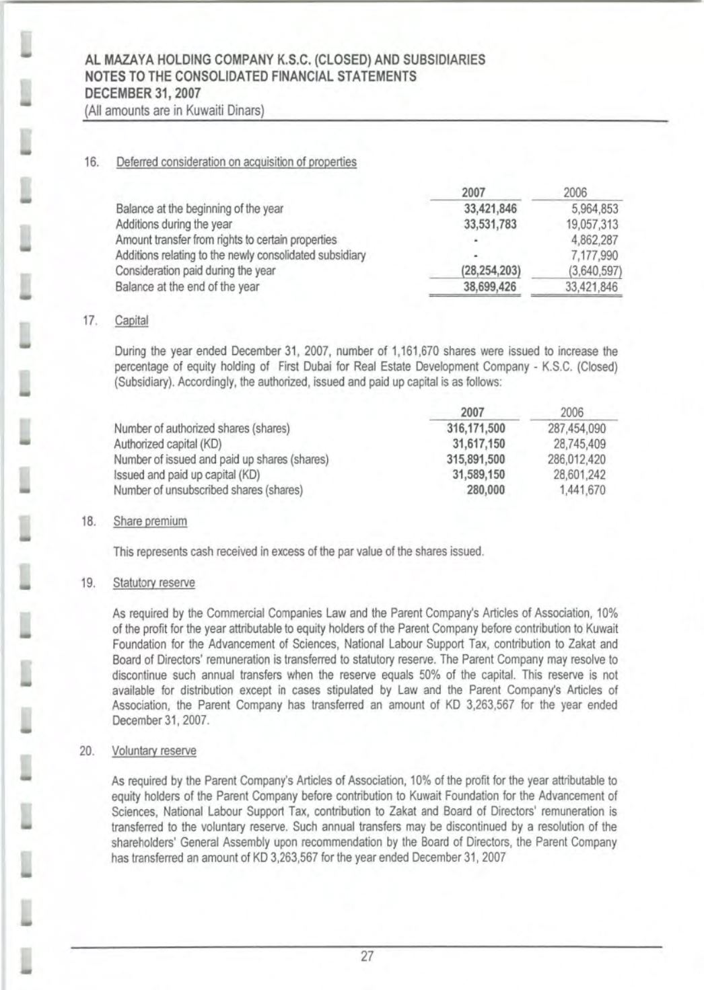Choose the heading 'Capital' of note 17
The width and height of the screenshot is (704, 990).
coord(131,321)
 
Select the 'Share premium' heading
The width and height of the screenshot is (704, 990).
coord(150,521)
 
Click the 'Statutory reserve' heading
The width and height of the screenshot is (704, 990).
coord(154,582)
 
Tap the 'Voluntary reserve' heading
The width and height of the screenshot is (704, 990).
coord(154,751)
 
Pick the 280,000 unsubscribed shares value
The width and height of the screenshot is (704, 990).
coord(486,490)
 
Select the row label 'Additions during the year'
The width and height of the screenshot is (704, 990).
coord(174,224)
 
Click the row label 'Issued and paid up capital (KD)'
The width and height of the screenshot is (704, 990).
coord(187,475)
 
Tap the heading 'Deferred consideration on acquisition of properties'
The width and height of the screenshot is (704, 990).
coord(236,162)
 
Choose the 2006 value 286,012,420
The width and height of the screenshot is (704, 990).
coord(577,459)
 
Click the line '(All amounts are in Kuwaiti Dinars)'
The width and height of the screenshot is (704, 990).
coord(174,110)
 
